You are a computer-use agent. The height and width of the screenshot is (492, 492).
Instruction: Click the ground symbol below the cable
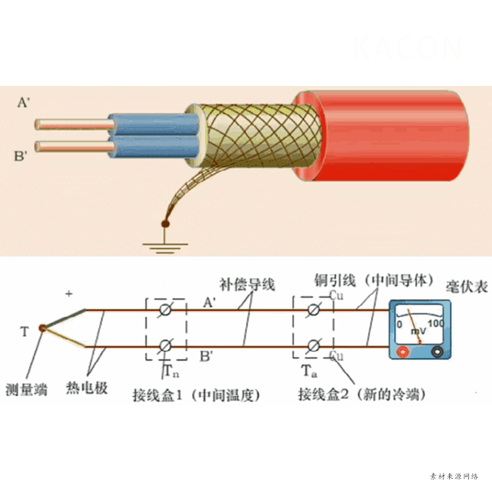coord(165,245)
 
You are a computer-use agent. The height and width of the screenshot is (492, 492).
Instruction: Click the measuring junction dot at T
coord(43,327)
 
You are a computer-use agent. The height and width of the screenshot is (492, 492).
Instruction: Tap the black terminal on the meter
coord(436,352)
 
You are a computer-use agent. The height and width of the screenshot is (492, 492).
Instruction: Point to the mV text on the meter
coord(418,331)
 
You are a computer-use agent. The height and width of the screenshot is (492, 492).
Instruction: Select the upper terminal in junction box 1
coord(166,309)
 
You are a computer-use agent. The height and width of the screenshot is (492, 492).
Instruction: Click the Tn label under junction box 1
coord(169,371)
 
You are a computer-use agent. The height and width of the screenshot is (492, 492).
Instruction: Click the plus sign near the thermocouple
coord(69,295)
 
